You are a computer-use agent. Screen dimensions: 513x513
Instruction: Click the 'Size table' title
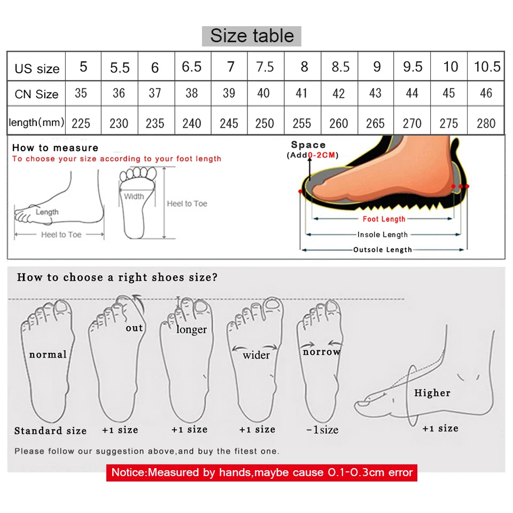point(252,36)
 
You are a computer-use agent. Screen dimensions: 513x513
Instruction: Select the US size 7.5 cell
point(265,67)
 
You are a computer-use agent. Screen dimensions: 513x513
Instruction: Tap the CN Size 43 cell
point(375,94)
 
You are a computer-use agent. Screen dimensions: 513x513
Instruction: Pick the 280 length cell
point(486,123)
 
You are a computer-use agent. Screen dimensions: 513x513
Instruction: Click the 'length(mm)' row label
point(36,123)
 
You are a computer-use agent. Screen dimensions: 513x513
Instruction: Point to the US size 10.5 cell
point(487,67)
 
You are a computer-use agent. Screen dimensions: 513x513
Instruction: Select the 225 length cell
point(81,123)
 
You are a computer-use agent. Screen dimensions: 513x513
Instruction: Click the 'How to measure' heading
point(55,148)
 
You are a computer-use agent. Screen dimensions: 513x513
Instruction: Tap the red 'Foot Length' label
point(384,219)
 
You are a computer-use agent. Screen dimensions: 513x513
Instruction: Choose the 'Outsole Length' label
point(383,250)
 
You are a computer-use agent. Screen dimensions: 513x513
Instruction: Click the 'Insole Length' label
point(383,234)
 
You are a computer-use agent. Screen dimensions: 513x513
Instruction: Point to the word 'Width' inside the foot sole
point(134,196)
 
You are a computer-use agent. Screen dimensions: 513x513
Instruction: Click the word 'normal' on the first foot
point(48,354)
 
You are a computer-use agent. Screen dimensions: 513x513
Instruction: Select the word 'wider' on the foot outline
point(256,355)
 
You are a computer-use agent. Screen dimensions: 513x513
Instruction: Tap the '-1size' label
point(322,430)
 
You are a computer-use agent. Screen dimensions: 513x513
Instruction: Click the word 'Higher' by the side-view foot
point(432,393)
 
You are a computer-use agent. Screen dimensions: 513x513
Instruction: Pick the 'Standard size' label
point(50,431)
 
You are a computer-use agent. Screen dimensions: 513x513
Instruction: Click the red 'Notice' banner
point(261,472)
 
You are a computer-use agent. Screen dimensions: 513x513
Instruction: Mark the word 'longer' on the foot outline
point(191,329)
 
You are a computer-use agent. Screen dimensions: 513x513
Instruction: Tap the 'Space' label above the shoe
point(308,145)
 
